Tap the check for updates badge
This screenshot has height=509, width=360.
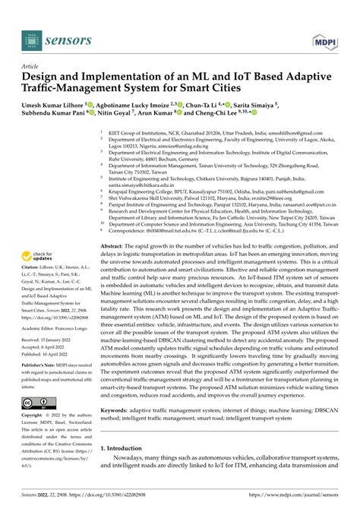[38, 258]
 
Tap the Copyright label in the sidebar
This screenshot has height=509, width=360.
[33, 416]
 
